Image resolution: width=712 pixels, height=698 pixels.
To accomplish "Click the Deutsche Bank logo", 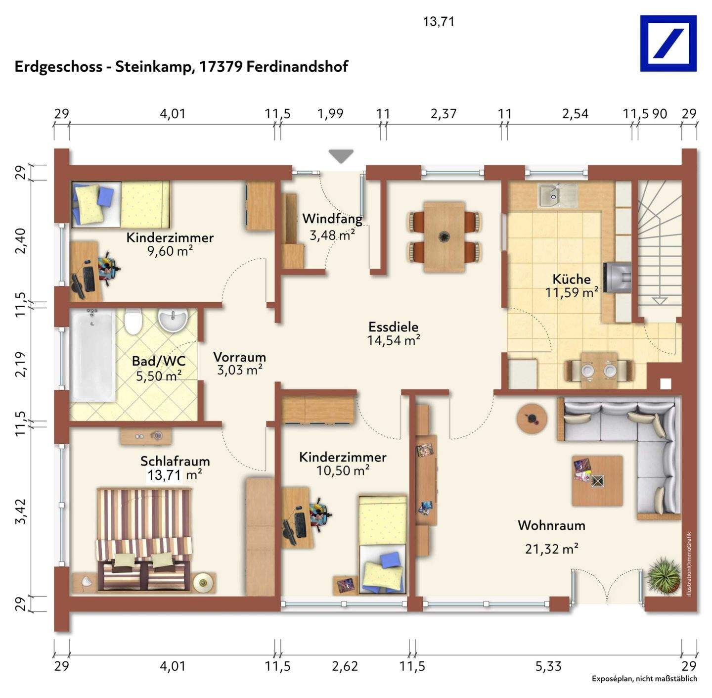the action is [668, 43].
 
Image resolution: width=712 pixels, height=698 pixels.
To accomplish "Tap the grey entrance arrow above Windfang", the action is [341, 156].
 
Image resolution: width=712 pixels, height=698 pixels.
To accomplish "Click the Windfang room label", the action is [332, 219].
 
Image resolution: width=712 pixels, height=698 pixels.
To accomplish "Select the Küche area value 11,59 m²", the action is [572, 293].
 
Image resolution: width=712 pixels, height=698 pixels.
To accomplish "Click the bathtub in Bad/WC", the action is [93, 355].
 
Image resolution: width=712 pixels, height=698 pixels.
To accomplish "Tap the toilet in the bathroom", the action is [132, 321].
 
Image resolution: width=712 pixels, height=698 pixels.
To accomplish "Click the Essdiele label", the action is [393, 327].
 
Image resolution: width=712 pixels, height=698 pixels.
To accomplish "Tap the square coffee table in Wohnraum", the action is [597, 480].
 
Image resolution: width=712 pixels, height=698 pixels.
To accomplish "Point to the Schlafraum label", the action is [175, 461].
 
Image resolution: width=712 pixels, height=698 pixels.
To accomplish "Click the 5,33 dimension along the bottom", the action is [548, 666].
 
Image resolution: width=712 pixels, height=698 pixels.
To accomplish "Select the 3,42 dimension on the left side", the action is [21, 512].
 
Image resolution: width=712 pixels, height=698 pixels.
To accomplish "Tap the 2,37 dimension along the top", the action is [444, 113].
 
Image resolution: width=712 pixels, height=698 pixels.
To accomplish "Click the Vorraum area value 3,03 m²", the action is [240, 370].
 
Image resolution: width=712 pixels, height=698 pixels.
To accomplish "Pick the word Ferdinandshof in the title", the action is [297, 67].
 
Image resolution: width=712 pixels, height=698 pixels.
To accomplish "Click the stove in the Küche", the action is [617, 278].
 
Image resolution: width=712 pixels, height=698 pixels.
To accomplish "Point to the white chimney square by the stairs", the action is [666, 384].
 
